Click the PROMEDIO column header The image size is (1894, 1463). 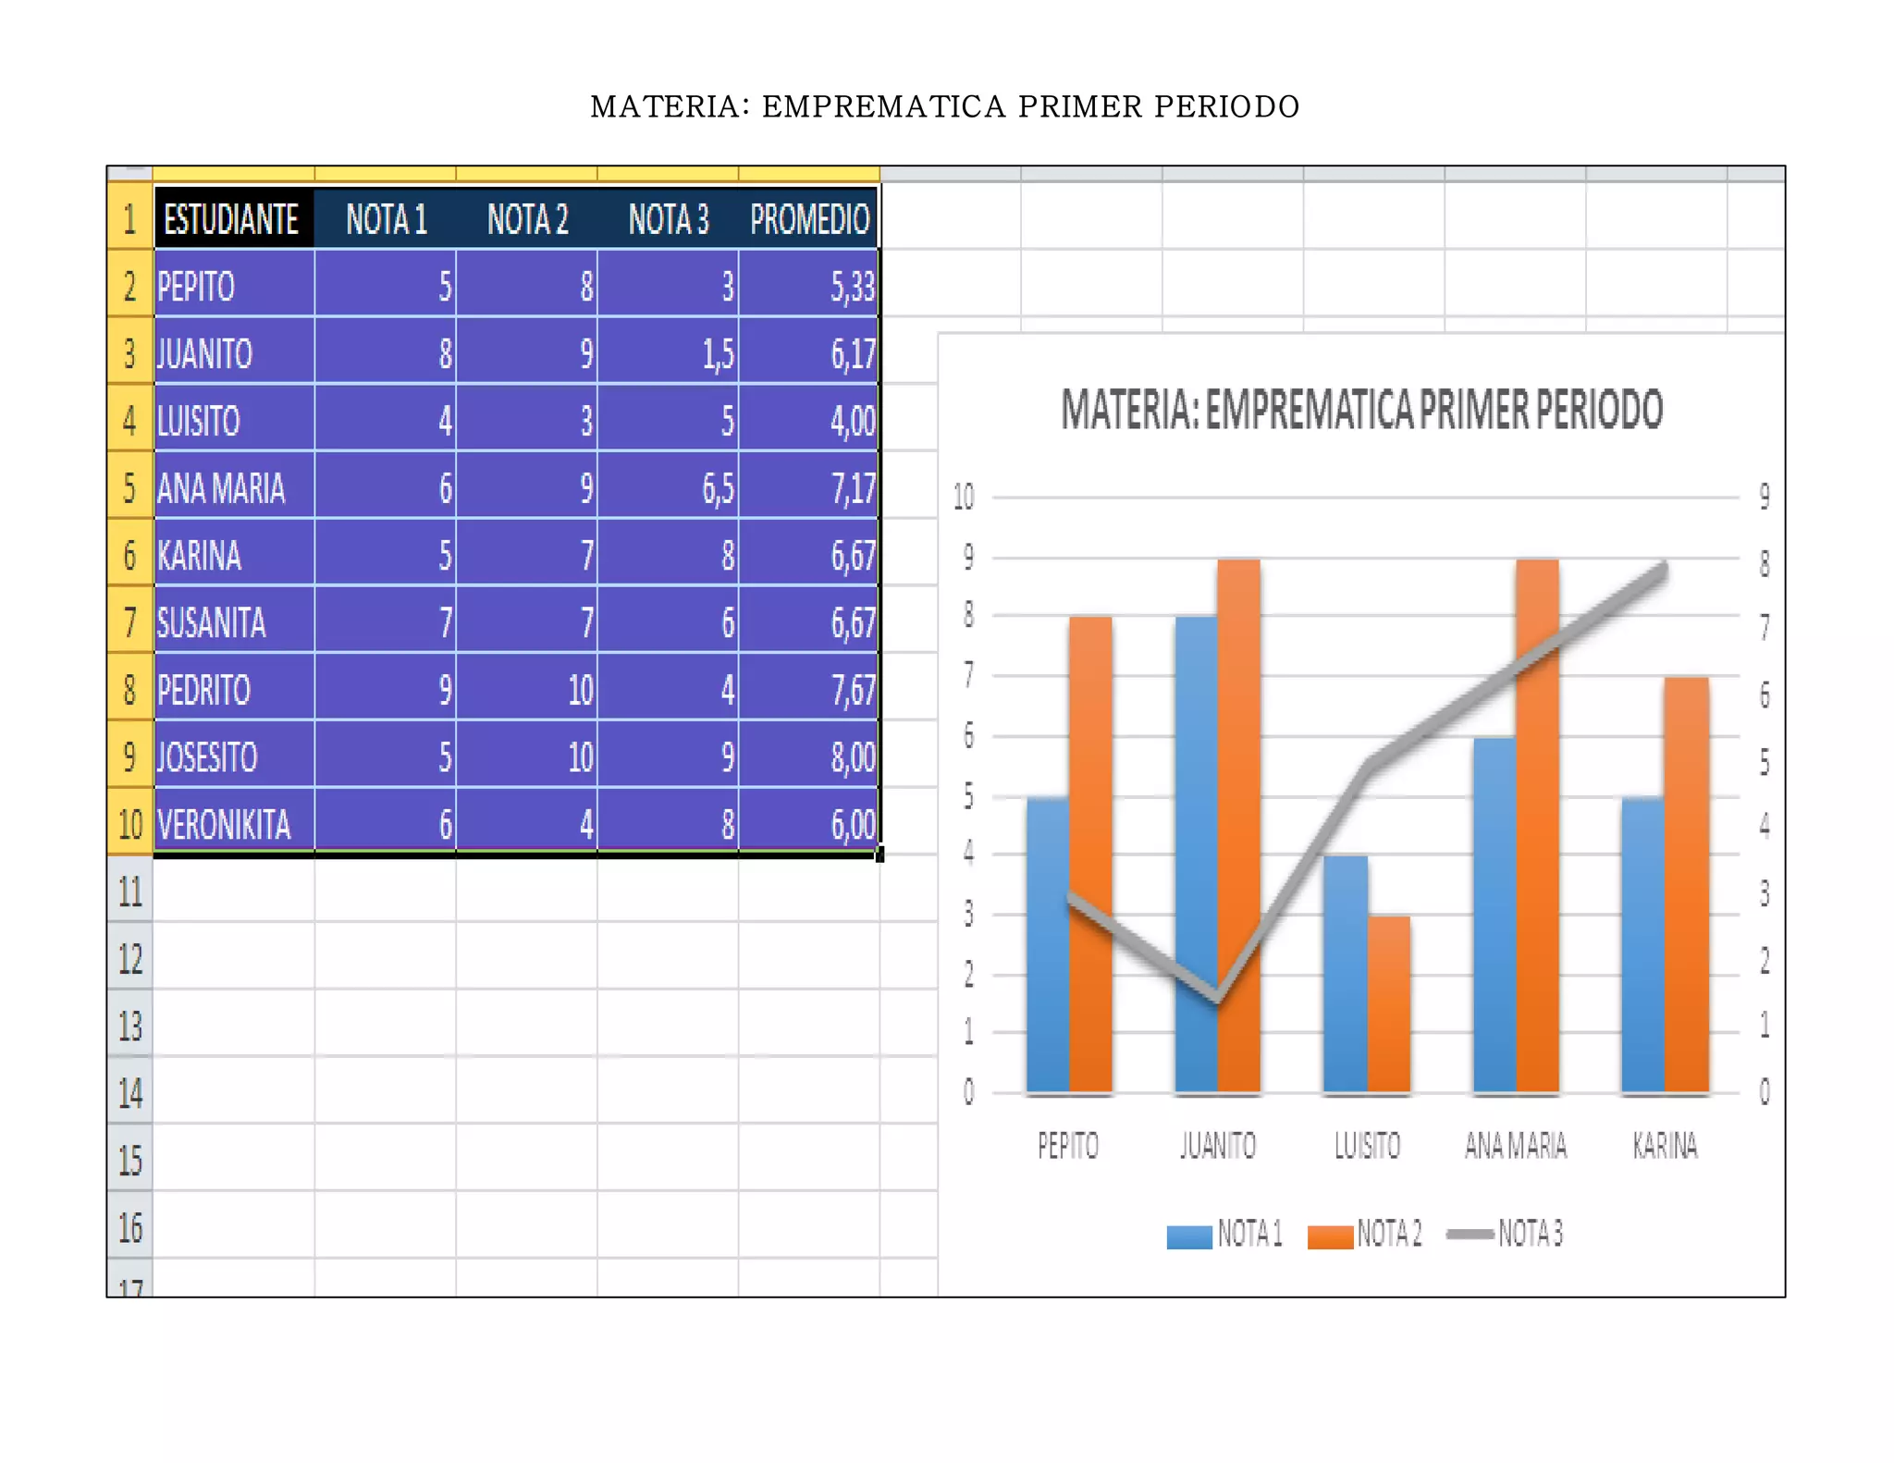809,220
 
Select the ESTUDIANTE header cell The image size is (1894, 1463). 231,220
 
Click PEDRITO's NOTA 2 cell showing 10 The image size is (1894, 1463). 527,690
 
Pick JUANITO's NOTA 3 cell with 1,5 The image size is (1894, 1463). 668,353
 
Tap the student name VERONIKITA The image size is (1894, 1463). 224,824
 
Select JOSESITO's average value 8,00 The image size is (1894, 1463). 809,757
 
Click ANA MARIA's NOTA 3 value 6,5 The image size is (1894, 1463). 668,488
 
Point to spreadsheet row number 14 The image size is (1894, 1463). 129,1093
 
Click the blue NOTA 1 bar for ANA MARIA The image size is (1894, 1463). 1494,916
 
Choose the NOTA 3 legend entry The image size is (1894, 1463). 1506,1234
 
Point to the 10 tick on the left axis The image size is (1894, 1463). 964,498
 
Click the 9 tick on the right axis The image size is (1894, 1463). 1765,497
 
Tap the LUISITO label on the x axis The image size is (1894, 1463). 1367,1146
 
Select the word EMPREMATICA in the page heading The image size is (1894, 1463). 883,107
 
